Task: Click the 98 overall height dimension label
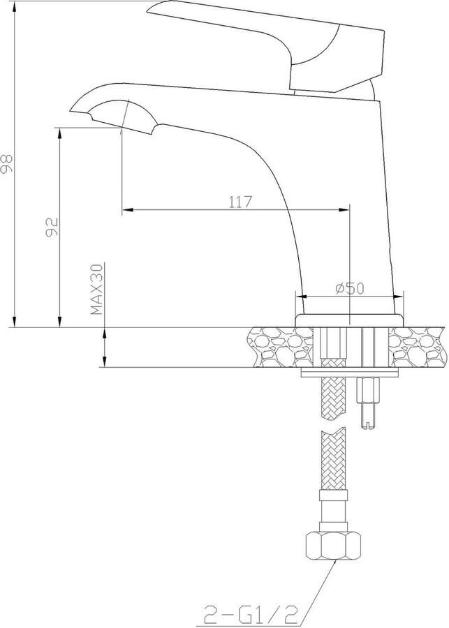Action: pos(7,163)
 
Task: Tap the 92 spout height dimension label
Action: pos(52,227)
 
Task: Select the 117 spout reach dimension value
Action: pos(240,202)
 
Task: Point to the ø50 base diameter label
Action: pos(350,288)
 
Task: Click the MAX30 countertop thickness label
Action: pos(96,289)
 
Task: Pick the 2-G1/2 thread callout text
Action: pos(252,614)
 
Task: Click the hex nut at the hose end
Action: pos(333,545)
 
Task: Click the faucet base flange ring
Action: pos(348,320)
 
